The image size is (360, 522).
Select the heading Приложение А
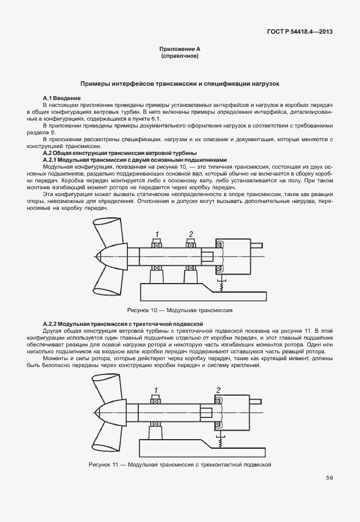click(x=180, y=50)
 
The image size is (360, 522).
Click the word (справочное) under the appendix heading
click(x=180, y=57)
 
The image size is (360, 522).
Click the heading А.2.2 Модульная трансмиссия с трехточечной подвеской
click(x=124, y=324)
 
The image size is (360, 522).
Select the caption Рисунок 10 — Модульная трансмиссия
click(x=180, y=310)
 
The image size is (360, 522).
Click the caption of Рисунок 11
click(x=180, y=464)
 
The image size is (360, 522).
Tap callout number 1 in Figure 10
click(x=155, y=233)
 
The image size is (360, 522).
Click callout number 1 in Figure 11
click(x=155, y=389)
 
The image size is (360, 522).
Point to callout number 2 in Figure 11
click(x=218, y=390)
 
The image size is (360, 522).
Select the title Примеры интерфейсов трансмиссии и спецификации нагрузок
click(x=180, y=83)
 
